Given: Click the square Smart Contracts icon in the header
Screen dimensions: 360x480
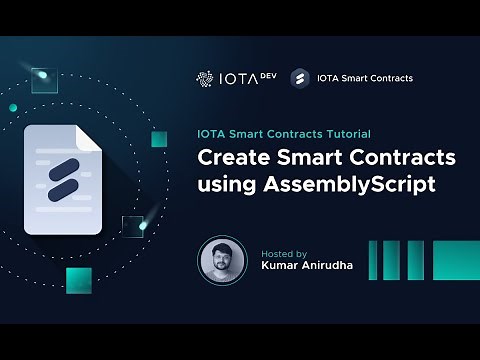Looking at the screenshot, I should [298, 77].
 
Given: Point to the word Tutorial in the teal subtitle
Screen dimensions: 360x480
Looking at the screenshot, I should [346, 133].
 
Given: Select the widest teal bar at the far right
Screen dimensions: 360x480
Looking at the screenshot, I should [456, 260].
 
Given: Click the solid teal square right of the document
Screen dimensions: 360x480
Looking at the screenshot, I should [159, 138].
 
